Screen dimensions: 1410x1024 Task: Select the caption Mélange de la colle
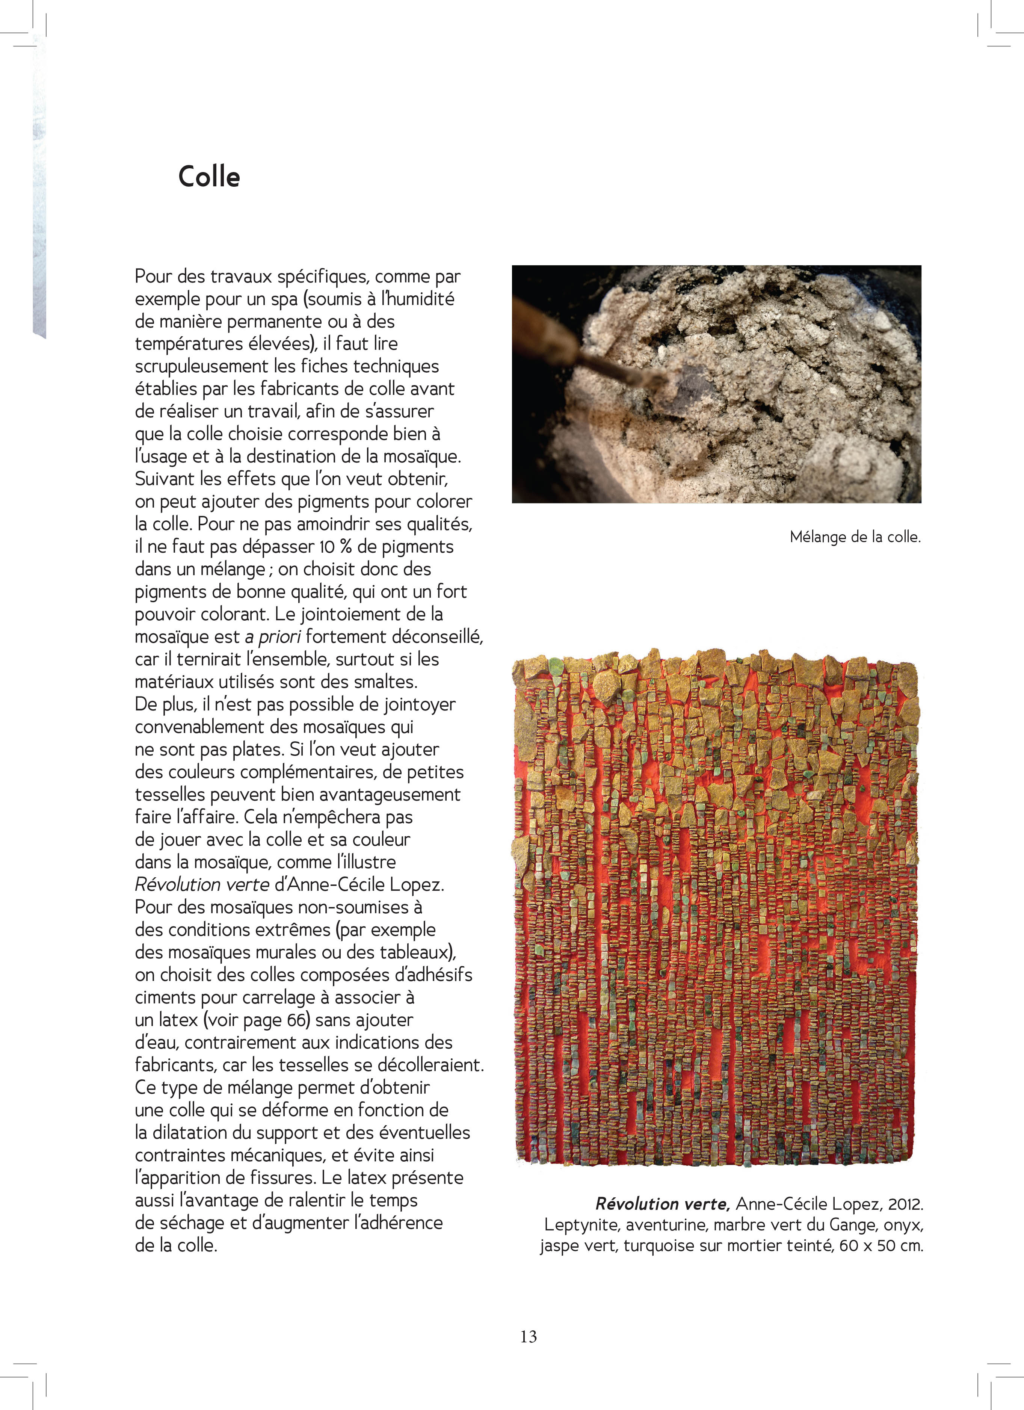pyautogui.click(x=855, y=537)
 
